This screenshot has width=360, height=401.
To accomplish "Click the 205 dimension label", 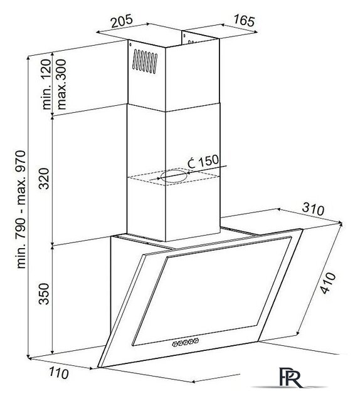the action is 122,21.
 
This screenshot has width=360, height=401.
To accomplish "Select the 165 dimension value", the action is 244,21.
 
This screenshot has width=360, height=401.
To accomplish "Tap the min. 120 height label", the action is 46,85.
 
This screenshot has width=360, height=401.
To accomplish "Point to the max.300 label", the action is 61,85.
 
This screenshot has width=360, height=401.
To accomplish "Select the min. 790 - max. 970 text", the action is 21,209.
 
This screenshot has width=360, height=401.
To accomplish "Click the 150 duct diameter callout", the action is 203,162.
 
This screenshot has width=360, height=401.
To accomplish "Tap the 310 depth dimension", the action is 313,209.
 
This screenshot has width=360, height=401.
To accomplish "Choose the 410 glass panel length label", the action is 328,283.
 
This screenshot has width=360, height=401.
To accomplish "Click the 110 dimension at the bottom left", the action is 58,373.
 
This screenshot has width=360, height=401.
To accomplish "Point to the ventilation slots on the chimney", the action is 145,61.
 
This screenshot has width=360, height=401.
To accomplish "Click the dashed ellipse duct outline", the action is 174,175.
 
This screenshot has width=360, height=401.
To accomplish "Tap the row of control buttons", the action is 186,342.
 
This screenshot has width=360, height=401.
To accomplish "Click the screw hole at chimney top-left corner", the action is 130,44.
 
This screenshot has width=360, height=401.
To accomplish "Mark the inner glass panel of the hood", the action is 212,291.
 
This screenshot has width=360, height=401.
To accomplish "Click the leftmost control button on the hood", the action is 175,344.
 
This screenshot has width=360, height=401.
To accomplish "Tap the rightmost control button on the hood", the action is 196,340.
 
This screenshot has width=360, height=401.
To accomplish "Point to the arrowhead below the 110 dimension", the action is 91,368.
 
